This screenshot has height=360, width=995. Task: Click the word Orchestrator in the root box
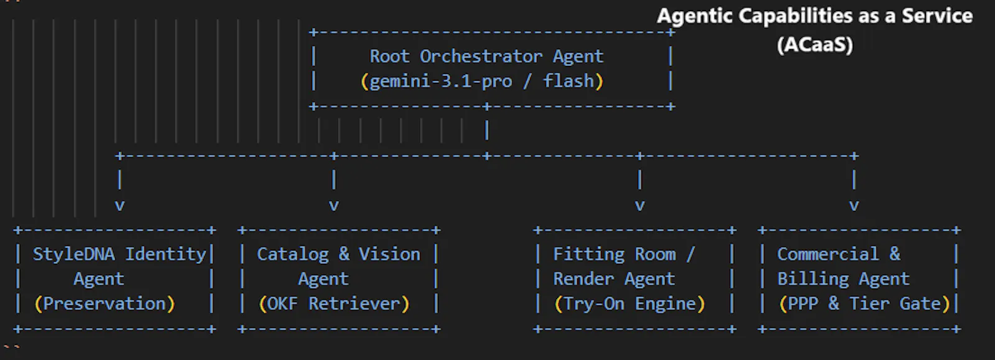[x=481, y=57]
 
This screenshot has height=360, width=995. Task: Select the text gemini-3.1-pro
[x=441, y=81]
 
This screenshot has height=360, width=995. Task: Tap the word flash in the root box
[x=568, y=81]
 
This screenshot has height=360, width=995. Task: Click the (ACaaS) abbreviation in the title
[x=815, y=44]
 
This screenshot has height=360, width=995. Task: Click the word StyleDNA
[x=74, y=254]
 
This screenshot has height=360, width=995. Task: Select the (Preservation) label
[x=105, y=304]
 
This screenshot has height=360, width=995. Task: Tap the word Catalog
[x=293, y=255]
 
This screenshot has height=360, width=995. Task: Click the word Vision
[x=389, y=254]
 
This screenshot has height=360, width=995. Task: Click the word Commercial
[x=828, y=254]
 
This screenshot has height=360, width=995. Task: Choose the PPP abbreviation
[x=803, y=304]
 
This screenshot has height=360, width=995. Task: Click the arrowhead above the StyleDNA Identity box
[x=119, y=206]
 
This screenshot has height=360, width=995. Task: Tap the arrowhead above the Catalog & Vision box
[x=334, y=206]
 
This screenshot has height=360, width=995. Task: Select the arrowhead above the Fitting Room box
[x=640, y=206]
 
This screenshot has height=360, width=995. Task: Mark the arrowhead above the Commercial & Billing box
[x=854, y=206]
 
